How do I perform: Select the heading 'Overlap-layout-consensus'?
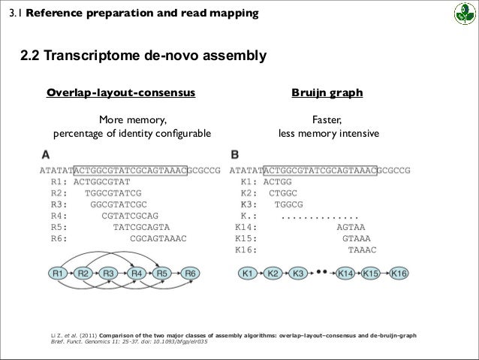pyautogui.click(x=121, y=93)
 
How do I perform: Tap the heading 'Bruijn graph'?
pyautogui.click(x=327, y=93)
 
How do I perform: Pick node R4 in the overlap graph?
pyautogui.click(x=138, y=273)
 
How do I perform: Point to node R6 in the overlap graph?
pyautogui.click(x=191, y=273)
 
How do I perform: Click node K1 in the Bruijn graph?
pyautogui.click(x=249, y=273)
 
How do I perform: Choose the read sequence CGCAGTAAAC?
pyautogui.click(x=158, y=237)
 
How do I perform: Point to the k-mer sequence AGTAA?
pyautogui.click(x=351, y=226)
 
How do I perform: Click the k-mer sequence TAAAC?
pyautogui.click(x=362, y=249)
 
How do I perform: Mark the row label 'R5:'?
pyautogui.click(x=60, y=226)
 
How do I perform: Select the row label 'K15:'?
pyautogui.click(x=247, y=237)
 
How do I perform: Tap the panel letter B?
pyautogui.click(x=235, y=155)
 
